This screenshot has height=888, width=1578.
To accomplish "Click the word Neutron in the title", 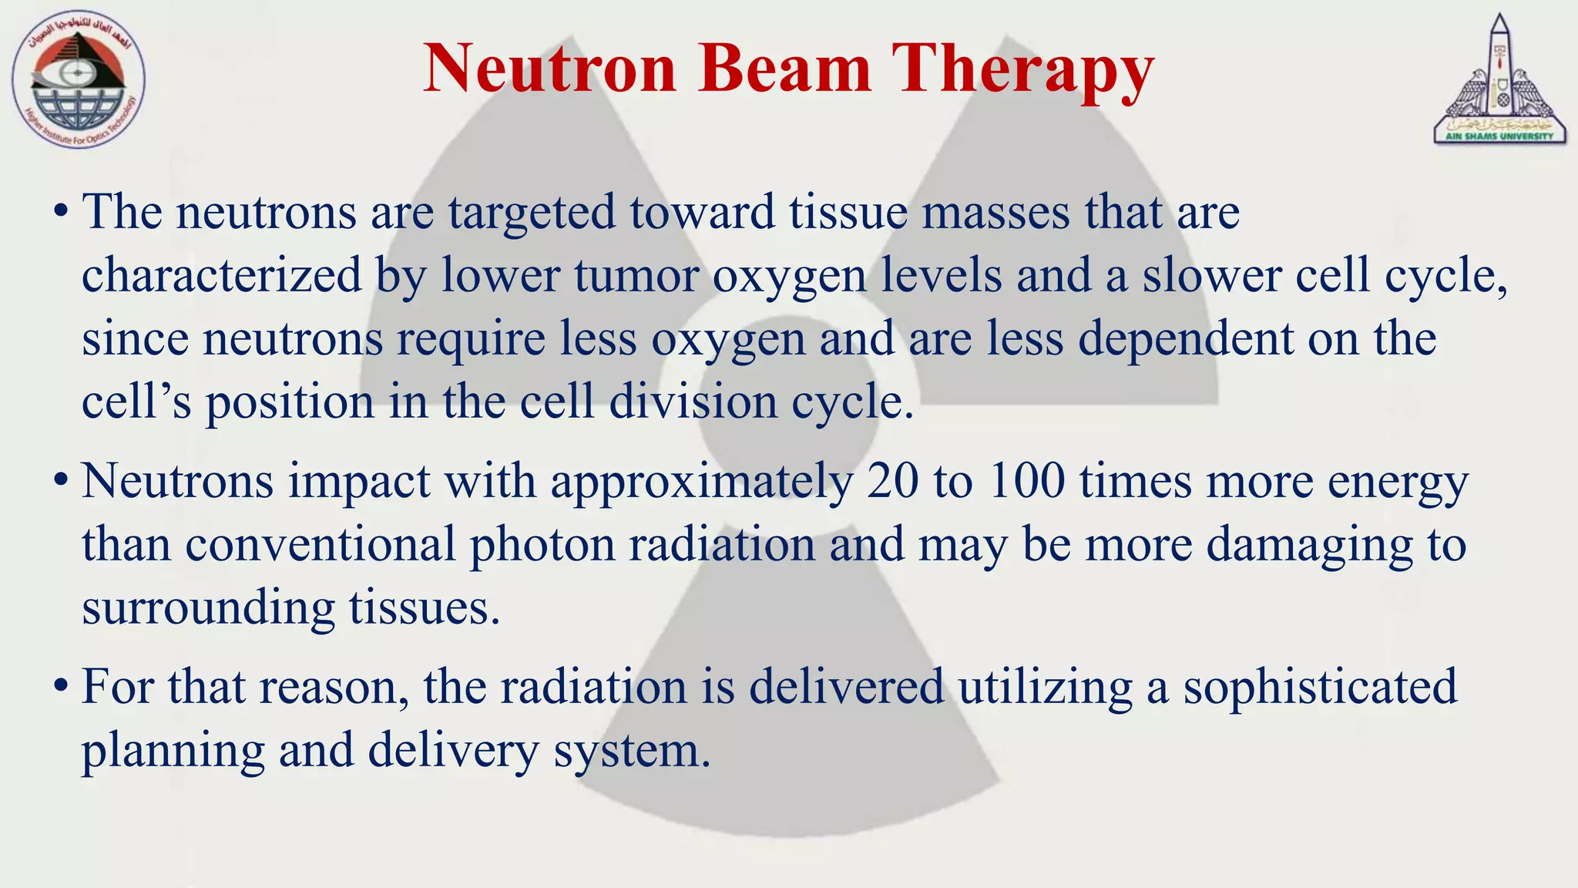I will pos(549,69).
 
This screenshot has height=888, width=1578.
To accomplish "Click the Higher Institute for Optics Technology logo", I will pos(78,80).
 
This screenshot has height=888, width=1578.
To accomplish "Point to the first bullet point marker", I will pos(61,212).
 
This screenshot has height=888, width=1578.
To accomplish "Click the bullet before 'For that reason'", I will pos(61,687).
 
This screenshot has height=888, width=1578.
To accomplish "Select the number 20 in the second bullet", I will pos(892,482).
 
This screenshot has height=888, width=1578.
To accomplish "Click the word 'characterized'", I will pos(221,276).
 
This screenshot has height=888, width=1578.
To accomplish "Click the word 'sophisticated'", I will pos(1320,687).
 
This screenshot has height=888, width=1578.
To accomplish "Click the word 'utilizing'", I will pos(1046,687).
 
